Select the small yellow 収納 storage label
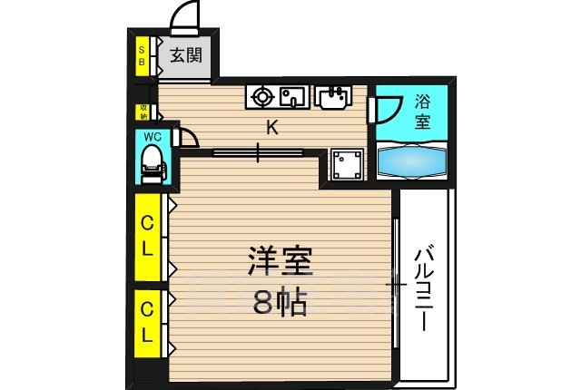coord(143,112)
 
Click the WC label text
coord(151,138)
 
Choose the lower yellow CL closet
coord(144,321)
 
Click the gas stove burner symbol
coord(262,93)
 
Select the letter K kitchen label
coord(271,128)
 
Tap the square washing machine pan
coord(346,164)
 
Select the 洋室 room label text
coord(281,262)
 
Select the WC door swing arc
coord(189,137)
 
